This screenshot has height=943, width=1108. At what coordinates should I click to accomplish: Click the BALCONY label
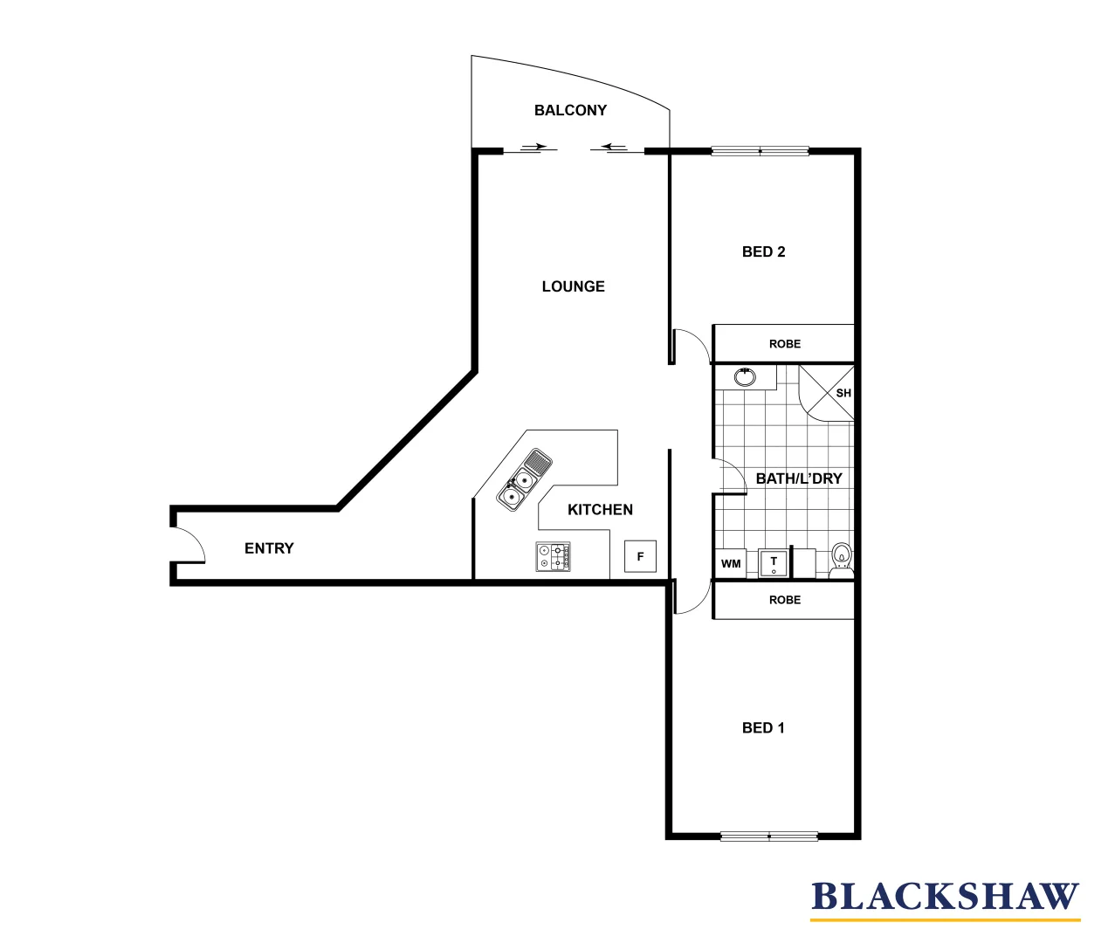[x=570, y=110]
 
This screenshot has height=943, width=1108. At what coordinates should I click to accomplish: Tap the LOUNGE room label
[x=573, y=286]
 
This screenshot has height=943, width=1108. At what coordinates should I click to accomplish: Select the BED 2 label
[x=763, y=251]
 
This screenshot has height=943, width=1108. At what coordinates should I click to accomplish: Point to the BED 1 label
[x=763, y=727]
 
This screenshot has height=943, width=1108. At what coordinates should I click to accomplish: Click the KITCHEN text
[x=600, y=510]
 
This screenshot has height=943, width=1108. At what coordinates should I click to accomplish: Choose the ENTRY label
[x=269, y=548]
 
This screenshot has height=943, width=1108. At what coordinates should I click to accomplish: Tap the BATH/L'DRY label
[x=798, y=478]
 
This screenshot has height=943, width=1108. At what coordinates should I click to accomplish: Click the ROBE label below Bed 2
[x=784, y=344]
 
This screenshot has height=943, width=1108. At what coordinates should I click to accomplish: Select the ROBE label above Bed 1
[x=784, y=600]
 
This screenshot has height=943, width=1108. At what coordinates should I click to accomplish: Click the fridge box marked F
[x=640, y=557]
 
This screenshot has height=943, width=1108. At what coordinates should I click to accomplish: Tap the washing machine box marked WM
[x=731, y=563]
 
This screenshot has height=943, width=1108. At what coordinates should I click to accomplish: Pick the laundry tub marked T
[x=774, y=563]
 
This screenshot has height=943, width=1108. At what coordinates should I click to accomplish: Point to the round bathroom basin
[x=745, y=377]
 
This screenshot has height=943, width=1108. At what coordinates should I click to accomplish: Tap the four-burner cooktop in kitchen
[x=554, y=557]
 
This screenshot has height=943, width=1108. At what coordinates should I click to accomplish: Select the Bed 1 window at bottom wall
[x=768, y=836]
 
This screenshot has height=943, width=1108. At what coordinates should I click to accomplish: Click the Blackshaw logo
[x=945, y=898]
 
